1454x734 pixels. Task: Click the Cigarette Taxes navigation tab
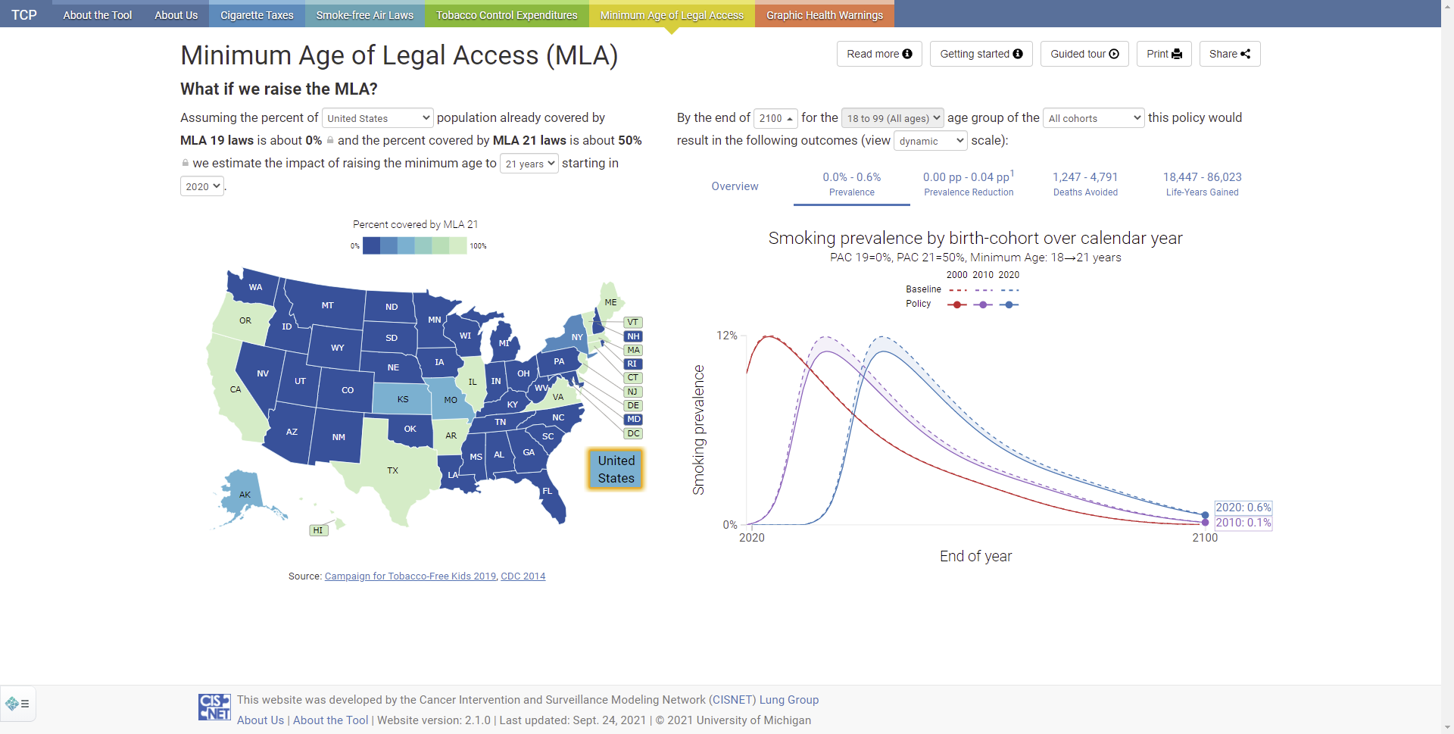pos(257,14)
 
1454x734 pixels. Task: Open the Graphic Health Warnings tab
pos(825,14)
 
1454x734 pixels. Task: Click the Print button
pos(1164,54)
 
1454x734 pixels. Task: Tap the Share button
pos(1230,54)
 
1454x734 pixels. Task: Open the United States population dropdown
pos(378,118)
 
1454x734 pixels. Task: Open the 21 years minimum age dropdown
pos(529,164)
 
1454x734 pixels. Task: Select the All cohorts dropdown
pos(1094,118)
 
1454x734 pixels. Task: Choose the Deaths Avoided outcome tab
pos(1085,184)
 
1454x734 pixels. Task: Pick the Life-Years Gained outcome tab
pos(1203,184)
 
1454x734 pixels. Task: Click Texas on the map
pos(392,470)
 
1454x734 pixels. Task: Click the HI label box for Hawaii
pos(318,530)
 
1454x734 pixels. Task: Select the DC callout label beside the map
pos(633,434)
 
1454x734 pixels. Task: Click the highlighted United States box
pos(616,470)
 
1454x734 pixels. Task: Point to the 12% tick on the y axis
pos(726,336)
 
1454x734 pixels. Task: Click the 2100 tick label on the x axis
pos(1205,538)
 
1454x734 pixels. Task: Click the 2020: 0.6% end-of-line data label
pos(1243,508)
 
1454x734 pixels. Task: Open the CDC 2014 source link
pos(523,576)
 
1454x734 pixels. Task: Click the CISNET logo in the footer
pos(214,707)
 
